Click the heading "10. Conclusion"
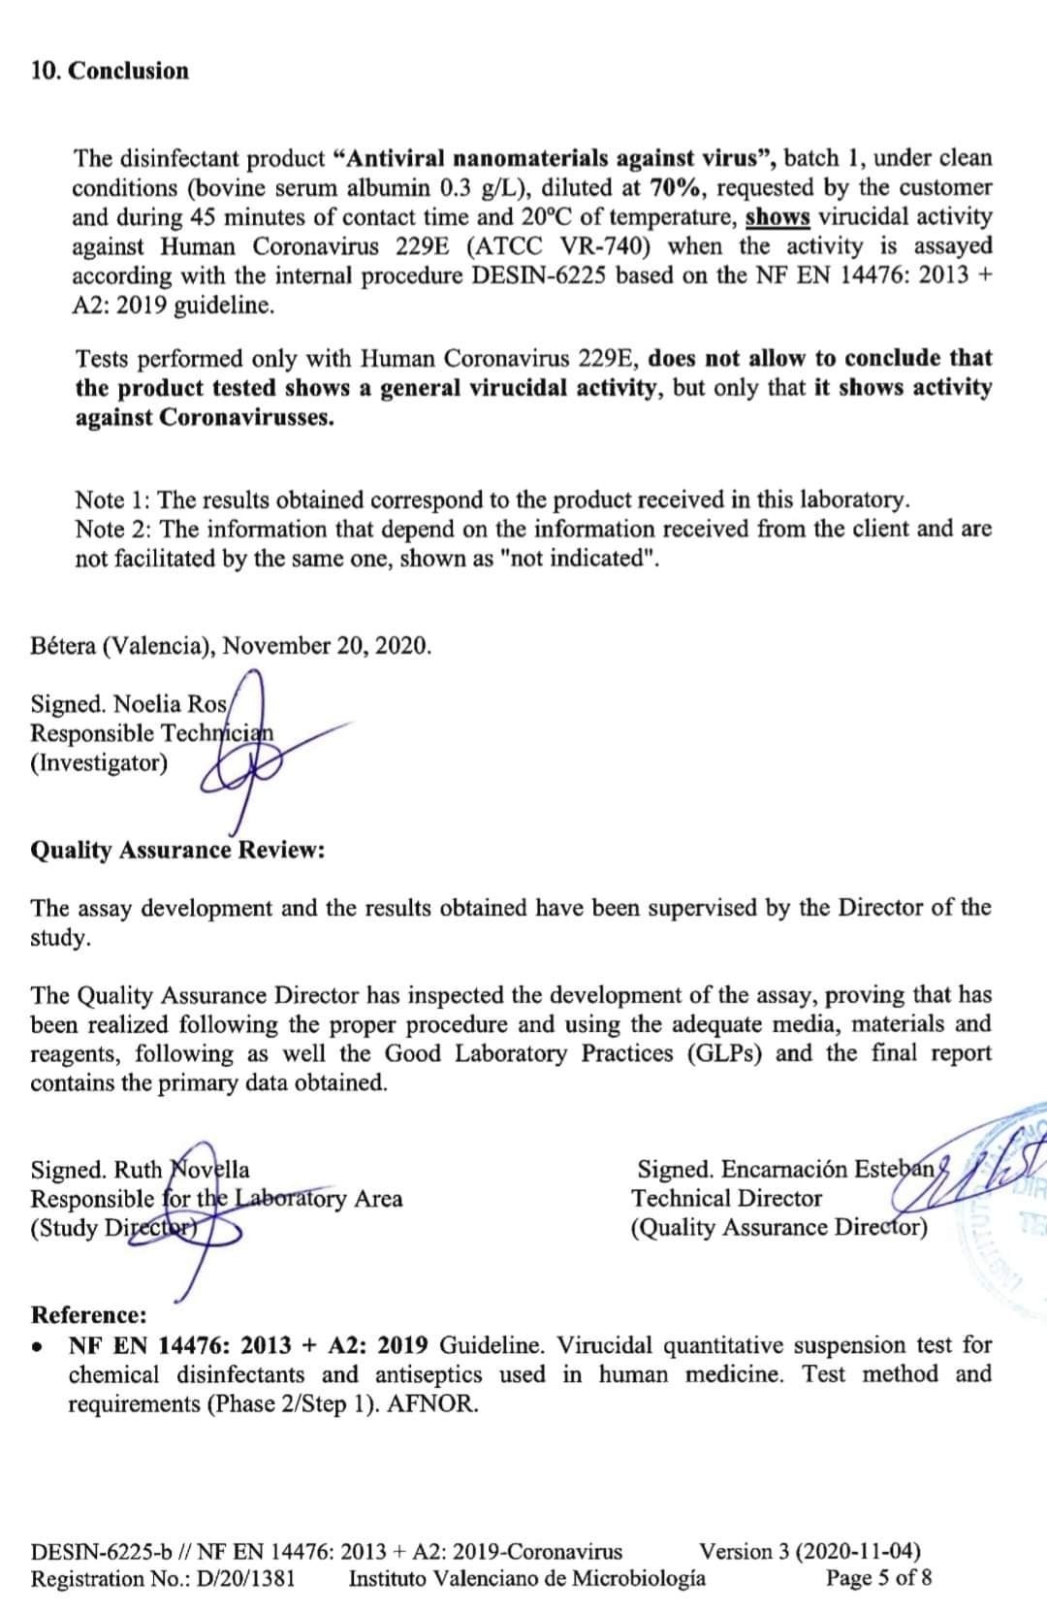pos(110,71)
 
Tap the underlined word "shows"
pos(777,217)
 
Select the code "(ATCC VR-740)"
pos(557,246)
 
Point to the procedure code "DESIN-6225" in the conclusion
pos(539,275)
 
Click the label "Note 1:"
pos(111,500)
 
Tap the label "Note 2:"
pos(111,530)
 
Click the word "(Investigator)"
pos(99,763)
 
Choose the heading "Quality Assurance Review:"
pos(177,851)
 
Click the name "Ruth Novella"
pos(181,1170)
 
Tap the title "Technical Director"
pos(727,1199)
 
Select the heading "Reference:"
pos(89,1315)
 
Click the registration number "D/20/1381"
pos(245,1578)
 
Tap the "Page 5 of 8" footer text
pos(878,1578)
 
